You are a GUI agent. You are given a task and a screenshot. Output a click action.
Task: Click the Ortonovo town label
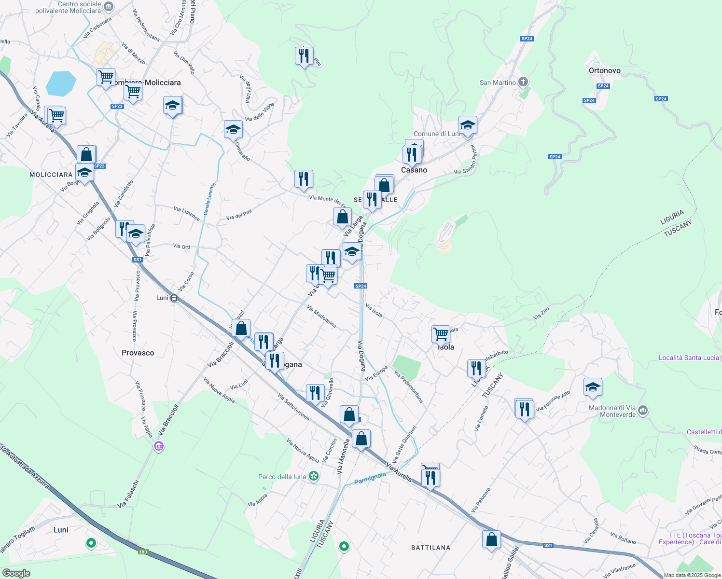[x=604, y=70]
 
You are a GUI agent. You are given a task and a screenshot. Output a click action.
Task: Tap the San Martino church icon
[x=523, y=82]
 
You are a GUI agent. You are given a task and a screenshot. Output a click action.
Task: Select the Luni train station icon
[x=174, y=298]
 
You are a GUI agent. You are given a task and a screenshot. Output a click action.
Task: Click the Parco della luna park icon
[x=314, y=476]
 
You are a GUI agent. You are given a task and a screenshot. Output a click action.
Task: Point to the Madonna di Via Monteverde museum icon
[x=642, y=411]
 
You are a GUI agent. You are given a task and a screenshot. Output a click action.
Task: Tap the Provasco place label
[x=138, y=353]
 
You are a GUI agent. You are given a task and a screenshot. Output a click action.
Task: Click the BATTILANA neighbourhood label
[x=430, y=548]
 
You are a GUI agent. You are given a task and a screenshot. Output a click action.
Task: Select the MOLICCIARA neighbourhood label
[x=51, y=175]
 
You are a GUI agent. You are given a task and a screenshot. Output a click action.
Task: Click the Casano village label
[x=414, y=170]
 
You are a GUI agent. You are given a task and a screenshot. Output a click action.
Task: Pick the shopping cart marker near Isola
[x=441, y=334]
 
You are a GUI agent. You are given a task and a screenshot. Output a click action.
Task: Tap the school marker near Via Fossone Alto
[x=592, y=387]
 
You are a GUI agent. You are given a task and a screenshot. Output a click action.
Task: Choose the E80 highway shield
[x=143, y=552]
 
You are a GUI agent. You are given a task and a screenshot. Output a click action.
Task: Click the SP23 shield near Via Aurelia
[x=99, y=166]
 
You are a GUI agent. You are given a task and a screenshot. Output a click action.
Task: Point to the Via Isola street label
[x=374, y=311]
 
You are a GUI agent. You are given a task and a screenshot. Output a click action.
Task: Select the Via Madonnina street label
[x=321, y=317]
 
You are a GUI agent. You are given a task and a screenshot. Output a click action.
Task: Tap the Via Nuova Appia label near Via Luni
[x=219, y=389]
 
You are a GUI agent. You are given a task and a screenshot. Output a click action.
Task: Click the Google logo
[x=16, y=573]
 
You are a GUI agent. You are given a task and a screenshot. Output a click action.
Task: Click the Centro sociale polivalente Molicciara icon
[x=109, y=7]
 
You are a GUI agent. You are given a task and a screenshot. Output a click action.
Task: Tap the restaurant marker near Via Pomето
[x=524, y=409]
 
